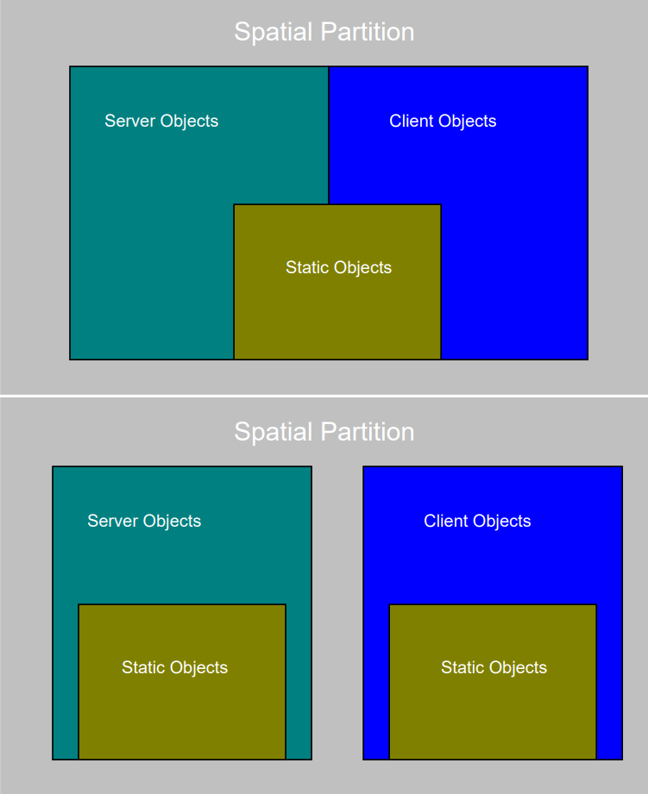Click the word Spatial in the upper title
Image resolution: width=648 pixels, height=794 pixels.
click(274, 33)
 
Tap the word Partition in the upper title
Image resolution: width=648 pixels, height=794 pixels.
click(368, 31)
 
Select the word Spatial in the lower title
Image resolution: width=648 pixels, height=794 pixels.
click(274, 433)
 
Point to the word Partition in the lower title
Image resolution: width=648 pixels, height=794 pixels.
click(368, 431)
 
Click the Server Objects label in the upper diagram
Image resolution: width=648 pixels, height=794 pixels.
click(161, 122)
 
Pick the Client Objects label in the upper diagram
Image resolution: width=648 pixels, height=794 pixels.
click(443, 122)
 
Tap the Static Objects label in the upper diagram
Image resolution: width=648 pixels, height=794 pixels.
click(338, 268)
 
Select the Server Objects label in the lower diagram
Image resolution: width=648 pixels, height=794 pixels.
click(144, 522)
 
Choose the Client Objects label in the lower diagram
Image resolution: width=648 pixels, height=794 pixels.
click(477, 522)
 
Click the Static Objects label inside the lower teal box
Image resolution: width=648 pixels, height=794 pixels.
click(175, 668)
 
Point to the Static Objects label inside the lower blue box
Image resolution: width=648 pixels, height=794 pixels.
click(494, 668)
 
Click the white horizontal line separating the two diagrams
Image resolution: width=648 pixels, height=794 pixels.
click(324, 396)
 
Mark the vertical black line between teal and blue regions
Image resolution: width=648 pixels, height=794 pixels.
click(328, 135)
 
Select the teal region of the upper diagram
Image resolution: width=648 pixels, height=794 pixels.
click(152, 228)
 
